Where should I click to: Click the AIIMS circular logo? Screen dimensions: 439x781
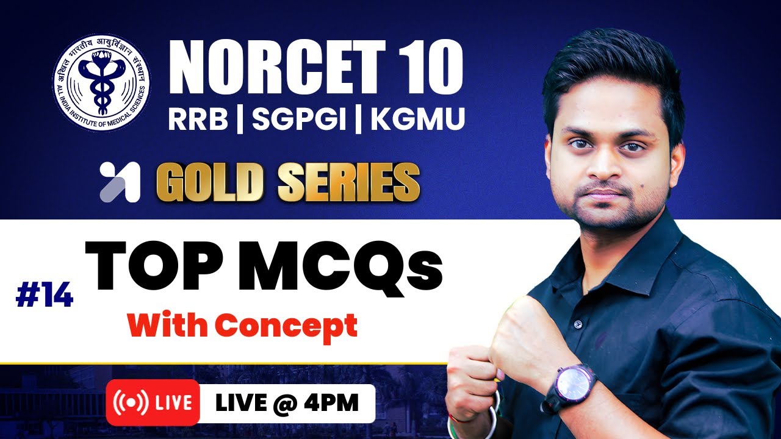[x=101, y=84]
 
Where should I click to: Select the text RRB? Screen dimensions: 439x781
[x=198, y=119]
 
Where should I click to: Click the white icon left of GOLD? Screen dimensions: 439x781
[x=120, y=182]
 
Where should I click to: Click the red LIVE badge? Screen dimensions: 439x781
[x=153, y=402]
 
